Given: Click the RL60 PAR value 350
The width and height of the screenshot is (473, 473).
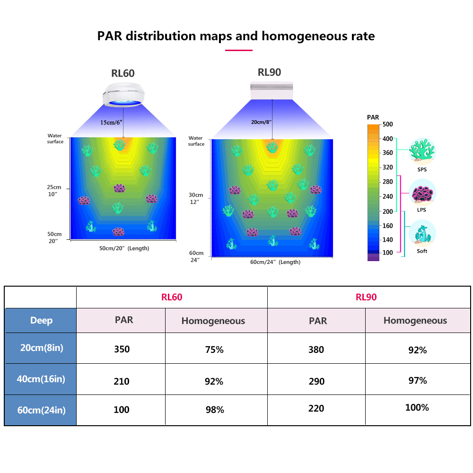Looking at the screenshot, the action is tap(122, 349).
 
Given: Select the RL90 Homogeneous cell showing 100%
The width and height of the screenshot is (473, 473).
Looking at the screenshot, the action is tap(417, 408).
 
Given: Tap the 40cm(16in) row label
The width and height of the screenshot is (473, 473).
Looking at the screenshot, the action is tap(41, 379).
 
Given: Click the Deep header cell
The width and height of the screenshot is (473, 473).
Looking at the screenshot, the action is tap(41, 320).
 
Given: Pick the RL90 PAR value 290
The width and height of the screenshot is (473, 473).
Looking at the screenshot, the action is tap(316, 381).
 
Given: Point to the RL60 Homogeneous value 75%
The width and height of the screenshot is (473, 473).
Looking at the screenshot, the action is tap(214, 350).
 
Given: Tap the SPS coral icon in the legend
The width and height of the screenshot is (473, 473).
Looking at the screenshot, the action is tap(422, 150).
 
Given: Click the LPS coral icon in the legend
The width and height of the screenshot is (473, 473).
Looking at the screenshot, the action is tap(422, 193).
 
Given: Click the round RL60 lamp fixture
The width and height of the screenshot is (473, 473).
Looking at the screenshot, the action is tap(123, 95).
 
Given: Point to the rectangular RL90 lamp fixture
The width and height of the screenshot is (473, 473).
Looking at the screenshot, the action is tap(272, 90).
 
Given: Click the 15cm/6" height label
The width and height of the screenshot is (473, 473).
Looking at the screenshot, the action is tap(111, 123).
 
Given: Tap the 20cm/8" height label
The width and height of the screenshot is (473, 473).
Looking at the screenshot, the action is tap(261, 122).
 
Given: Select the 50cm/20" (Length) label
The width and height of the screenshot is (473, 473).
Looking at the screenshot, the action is tap(124, 248).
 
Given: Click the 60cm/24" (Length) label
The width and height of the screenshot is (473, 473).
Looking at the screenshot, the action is tap(275, 262).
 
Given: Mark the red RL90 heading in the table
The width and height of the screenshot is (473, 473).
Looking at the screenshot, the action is tap(366, 297).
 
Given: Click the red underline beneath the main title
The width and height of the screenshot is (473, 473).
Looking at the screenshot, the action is tap(238, 51).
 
